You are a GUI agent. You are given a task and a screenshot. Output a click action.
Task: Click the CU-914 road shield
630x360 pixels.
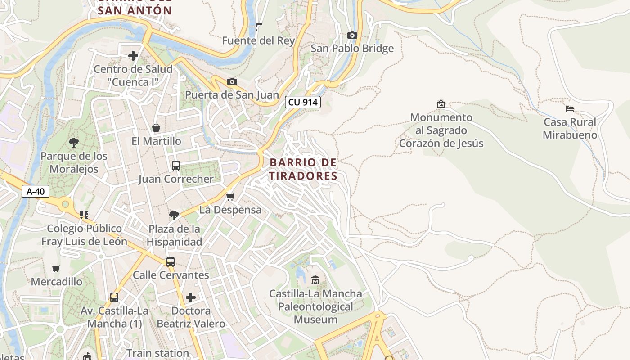tap(303, 103)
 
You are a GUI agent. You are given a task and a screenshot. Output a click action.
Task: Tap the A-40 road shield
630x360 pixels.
tap(36, 191)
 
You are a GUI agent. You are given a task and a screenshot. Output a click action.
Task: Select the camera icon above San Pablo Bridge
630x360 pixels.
tap(352, 35)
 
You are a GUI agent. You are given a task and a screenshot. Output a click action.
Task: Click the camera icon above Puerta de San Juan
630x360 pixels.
tap(232, 81)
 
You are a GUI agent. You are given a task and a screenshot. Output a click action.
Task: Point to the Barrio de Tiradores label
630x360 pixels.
tap(303, 169)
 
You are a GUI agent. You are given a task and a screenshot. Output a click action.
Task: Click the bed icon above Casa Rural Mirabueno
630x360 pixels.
tap(570, 108)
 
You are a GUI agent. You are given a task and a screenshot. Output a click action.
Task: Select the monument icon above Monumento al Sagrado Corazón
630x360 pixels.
tap(441, 104)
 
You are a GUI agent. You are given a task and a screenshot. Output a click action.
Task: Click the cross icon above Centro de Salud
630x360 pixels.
tap(133, 56)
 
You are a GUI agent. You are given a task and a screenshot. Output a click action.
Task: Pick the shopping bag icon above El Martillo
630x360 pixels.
tap(156, 128)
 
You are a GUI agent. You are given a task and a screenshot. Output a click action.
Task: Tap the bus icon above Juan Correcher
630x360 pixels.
tap(176, 165)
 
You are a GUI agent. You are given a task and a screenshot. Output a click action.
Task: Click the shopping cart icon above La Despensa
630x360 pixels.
tap(230, 197)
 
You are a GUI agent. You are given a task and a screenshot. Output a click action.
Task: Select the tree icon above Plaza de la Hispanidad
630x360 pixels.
tap(174, 216)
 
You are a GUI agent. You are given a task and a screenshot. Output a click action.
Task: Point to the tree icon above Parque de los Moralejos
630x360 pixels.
tap(74, 143)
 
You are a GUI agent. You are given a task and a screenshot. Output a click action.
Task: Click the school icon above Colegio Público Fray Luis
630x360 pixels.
tap(84, 215)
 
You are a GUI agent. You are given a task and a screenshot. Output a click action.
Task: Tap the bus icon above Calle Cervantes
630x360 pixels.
tap(171, 261)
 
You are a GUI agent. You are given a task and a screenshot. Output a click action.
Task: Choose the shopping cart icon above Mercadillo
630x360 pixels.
tap(56, 269)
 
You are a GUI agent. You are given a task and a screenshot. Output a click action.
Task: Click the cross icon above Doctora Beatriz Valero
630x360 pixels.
tap(191, 297)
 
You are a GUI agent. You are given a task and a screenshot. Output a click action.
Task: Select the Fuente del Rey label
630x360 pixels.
tap(258, 40)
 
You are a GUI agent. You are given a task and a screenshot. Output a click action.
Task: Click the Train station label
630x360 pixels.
tap(157, 353)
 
